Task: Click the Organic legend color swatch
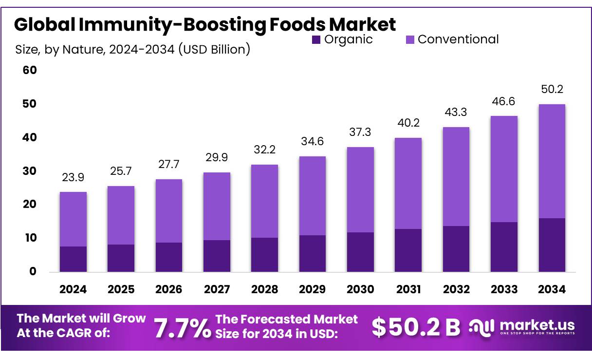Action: pyautogui.click(x=316, y=40)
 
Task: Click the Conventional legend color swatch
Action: pyautogui.click(x=410, y=40)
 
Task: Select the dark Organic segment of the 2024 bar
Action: pyautogui.click(x=73, y=259)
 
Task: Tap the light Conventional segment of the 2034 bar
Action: pyautogui.click(x=552, y=161)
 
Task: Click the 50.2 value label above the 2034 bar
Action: pyautogui.click(x=552, y=90)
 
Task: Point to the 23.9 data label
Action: pyautogui.click(x=73, y=178)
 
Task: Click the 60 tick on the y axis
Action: pyautogui.click(x=30, y=71)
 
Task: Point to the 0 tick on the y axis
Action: pyautogui.click(x=33, y=272)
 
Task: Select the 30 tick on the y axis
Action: pyautogui.click(x=30, y=171)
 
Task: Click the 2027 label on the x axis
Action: pyautogui.click(x=217, y=289)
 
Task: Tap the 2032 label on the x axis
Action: pyautogui.click(x=456, y=289)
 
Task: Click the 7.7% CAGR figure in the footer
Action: pyautogui.click(x=182, y=328)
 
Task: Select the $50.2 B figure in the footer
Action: pyautogui.click(x=415, y=327)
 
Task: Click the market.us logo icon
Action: pyautogui.click(x=482, y=327)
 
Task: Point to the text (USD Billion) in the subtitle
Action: pyautogui.click(x=215, y=49)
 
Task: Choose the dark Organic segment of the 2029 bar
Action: pyautogui.click(x=313, y=253)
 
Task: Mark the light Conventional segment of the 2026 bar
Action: pyautogui.click(x=169, y=210)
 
